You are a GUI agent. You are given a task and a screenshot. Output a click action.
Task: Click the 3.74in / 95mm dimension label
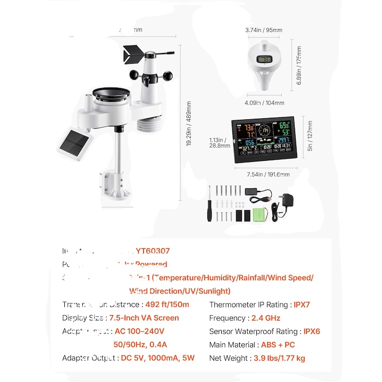263,31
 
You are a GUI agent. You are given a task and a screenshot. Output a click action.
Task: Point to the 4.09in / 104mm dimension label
265,103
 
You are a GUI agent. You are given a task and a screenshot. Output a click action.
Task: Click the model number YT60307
152,251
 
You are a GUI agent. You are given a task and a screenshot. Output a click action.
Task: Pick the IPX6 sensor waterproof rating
311,331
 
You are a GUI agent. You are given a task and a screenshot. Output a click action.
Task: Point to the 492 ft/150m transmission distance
167,305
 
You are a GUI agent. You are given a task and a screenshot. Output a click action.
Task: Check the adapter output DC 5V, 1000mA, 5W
158,358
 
